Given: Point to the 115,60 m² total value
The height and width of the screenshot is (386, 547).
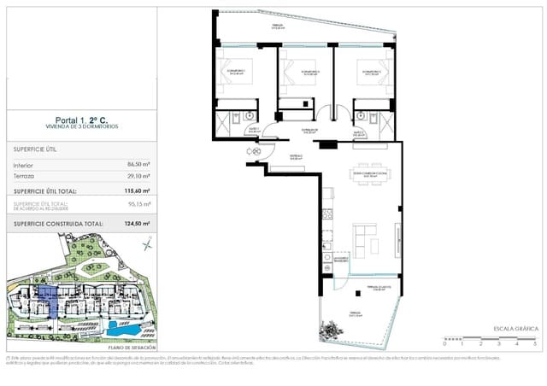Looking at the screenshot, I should (x=135, y=191).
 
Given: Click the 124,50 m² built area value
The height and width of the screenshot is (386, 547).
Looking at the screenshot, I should (x=135, y=224).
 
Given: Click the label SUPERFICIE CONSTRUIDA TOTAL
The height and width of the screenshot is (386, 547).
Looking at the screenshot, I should (x=58, y=224).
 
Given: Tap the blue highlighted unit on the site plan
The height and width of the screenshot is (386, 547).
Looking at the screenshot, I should (x=50, y=301).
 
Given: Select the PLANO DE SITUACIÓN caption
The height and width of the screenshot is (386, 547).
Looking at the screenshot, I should (x=132, y=348).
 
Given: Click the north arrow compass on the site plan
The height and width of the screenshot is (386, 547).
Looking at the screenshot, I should (x=147, y=246).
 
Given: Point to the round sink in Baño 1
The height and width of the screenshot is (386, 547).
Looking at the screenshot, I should (x=249, y=114).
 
